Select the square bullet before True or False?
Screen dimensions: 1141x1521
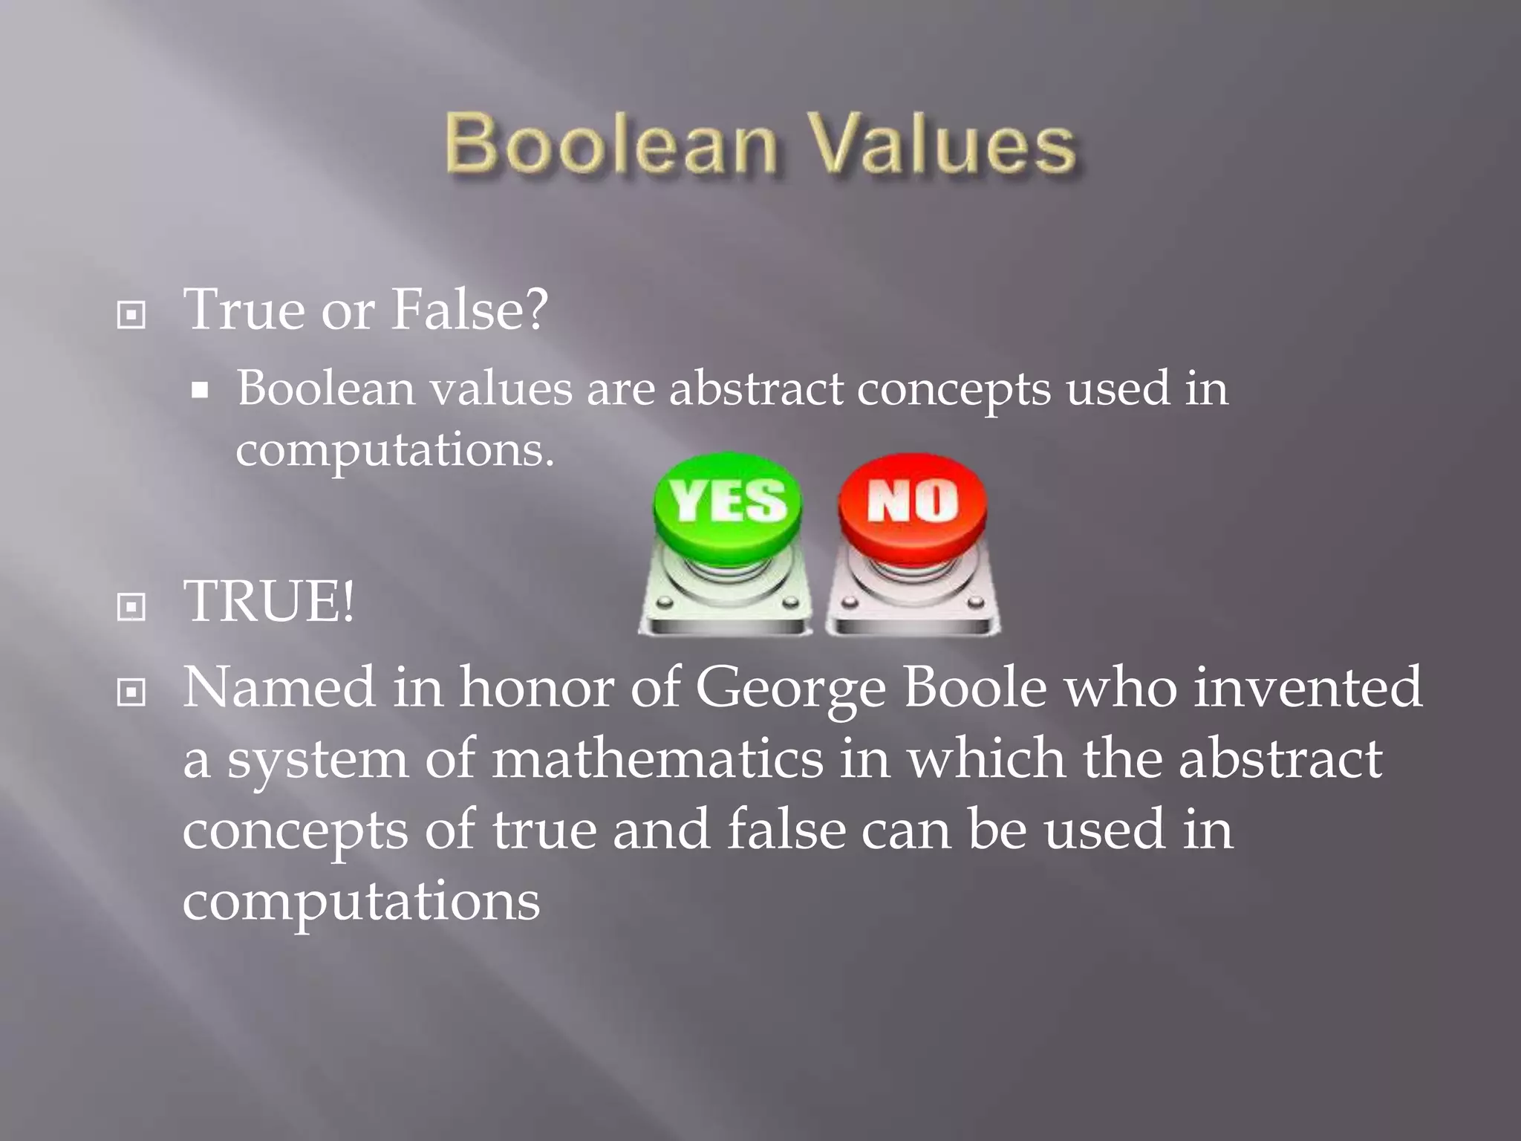tap(131, 315)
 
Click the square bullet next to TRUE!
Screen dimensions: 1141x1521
tap(131, 607)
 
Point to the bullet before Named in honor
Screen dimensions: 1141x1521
tap(131, 693)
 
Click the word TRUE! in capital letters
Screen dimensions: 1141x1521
tap(269, 602)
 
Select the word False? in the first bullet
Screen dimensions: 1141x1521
tap(469, 309)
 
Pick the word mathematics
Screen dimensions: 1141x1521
tap(657, 759)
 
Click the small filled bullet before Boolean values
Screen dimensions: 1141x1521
tap(199, 390)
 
